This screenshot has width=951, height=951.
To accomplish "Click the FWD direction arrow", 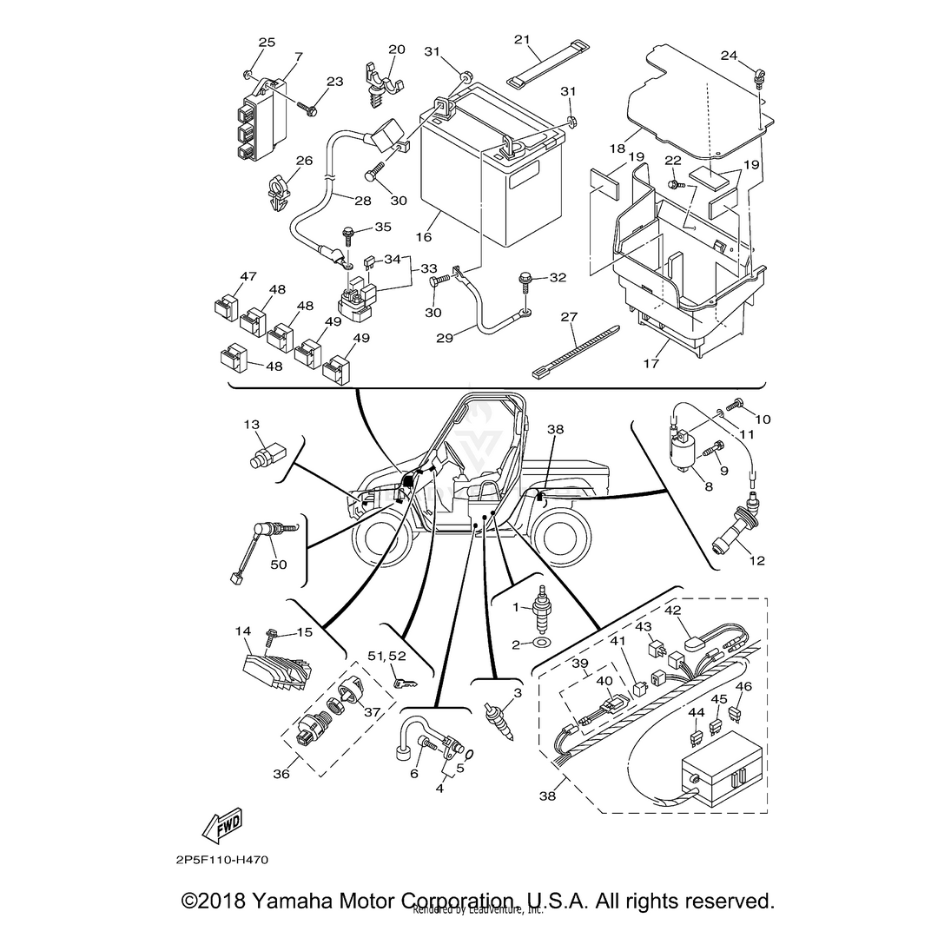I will pyautogui.click(x=221, y=826).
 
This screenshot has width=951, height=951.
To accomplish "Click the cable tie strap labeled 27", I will pyautogui.click(x=573, y=351).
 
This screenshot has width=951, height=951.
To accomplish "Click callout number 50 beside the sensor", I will pyautogui.click(x=278, y=565).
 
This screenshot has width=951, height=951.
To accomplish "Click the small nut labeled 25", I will pyautogui.click(x=248, y=71).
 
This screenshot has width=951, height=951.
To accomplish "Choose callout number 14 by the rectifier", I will pyautogui.click(x=243, y=631).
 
